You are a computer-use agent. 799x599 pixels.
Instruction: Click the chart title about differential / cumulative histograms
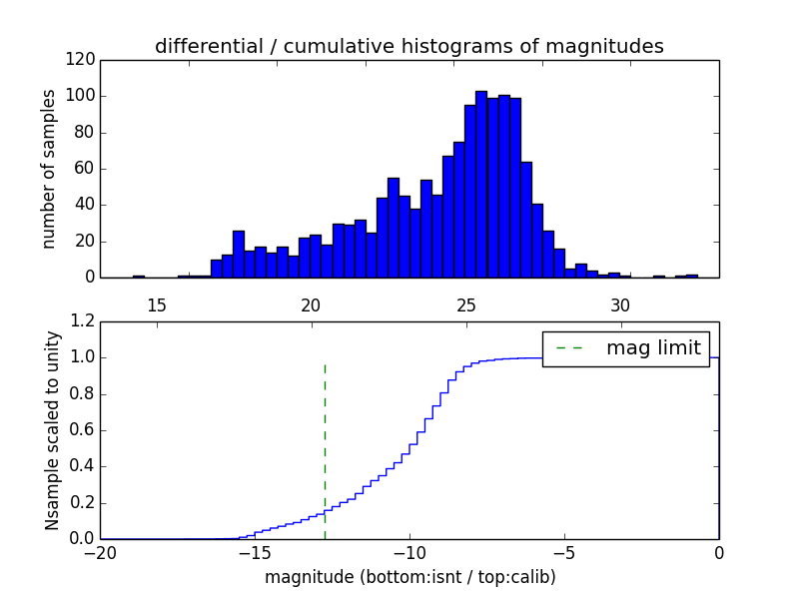coord(408,46)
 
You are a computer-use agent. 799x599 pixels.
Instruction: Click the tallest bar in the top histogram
coord(481,185)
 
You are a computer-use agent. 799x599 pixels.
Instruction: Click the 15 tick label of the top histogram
coord(157,304)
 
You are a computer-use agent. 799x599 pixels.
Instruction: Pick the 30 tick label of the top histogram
coord(620,304)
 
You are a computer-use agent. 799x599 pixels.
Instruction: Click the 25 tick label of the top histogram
coord(465,304)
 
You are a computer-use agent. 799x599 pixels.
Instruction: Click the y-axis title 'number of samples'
coord(49,169)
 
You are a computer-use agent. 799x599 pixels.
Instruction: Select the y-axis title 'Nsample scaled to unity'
coord(52,430)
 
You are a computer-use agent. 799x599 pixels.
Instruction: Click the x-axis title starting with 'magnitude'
coord(409,577)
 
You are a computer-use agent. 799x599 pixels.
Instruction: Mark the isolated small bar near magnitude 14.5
coord(139,276)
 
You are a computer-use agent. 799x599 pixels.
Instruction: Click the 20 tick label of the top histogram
coord(311,304)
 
